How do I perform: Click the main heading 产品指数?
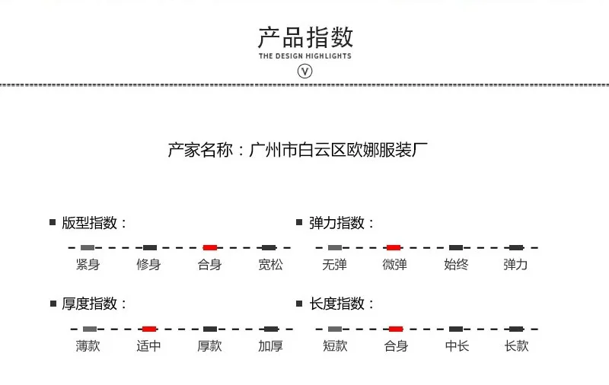point(305,37)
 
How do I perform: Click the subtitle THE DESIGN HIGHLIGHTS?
point(305,56)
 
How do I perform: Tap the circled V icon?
point(305,71)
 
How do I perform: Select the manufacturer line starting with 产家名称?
point(298,150)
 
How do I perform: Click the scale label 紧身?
point(88,265)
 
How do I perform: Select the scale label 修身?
point(148,265)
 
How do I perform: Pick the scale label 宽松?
point(270,265)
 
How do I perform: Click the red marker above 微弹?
point(394,247)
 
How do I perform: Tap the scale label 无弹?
point(334,265)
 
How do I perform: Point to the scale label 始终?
point(456,265)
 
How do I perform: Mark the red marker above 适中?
point(149,329)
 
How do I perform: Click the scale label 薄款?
point(88,345)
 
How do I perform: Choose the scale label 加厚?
point(270,345)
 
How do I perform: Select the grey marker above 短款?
point(335,329)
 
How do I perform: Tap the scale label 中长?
point(457,345)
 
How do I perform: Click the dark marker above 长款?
point(516,329)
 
